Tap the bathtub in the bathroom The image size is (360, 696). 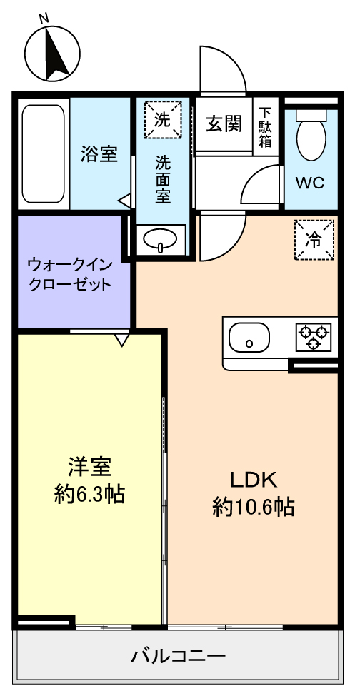point(44,153)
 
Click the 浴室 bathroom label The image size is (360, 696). point(99,153)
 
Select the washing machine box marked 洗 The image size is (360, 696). point(163,120)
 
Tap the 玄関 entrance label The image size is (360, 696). point(224,123)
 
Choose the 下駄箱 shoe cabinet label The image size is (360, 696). point(266,126)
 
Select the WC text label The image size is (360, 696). point(310,183)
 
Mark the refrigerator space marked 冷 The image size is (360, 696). point(314,240)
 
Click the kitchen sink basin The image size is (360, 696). point(249,338)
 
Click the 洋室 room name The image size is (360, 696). point(89,467)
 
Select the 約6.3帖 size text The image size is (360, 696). point(89,494)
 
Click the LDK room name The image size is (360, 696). point(253,480)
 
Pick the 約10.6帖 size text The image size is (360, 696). point(253,508)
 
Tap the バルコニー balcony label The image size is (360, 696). point(178,655)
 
